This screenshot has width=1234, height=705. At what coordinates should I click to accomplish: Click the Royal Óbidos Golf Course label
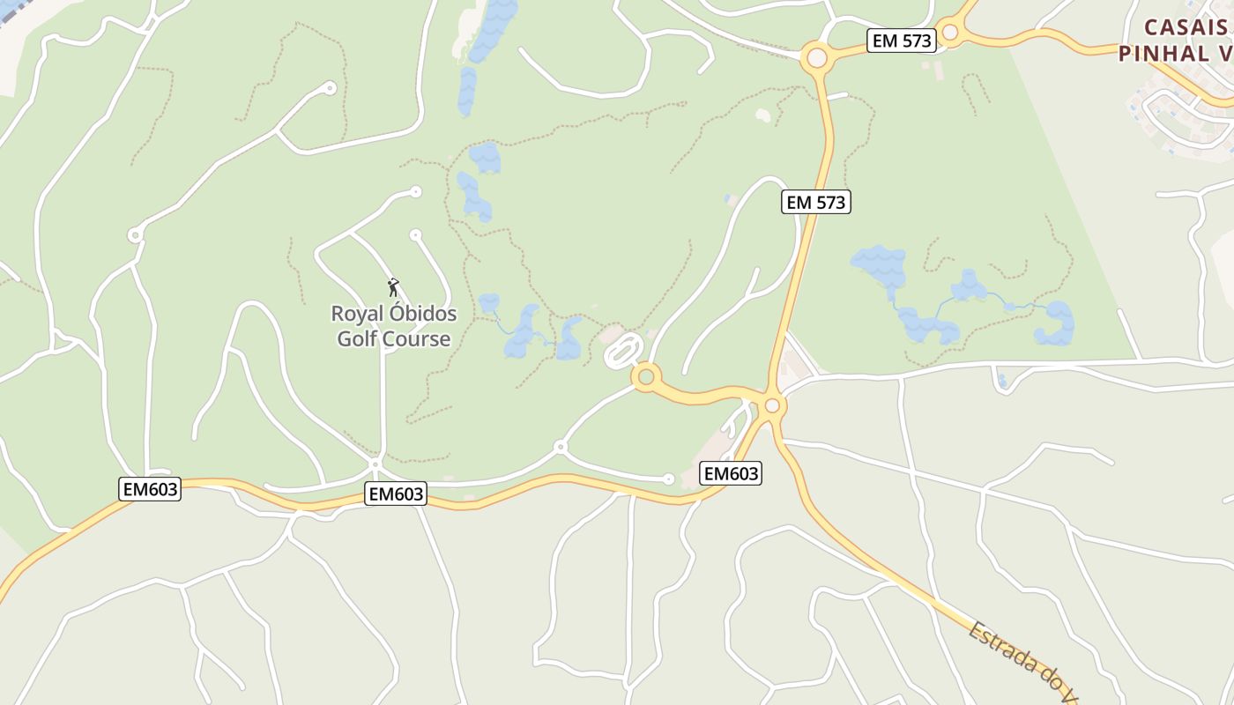coord(394,326)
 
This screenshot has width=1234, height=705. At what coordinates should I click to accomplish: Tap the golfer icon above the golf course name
coord(393,287)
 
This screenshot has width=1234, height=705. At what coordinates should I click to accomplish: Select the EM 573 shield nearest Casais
coord(901,41)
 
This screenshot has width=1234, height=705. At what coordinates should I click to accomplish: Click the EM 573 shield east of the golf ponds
coord(815,202)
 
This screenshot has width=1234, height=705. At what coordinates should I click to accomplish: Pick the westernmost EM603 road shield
coord(149,489)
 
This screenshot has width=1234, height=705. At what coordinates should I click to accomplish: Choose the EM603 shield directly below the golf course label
coord(396,493)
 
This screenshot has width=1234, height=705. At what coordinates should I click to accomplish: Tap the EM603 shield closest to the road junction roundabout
coord(731,473)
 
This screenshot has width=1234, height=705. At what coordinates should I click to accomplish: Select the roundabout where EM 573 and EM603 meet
coord(773,405)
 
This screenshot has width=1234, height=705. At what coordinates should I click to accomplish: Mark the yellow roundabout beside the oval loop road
coord(646,377)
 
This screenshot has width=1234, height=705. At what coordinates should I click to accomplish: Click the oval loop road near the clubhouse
coord(622,352)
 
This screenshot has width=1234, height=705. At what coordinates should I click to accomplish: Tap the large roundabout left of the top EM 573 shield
coord(817,58)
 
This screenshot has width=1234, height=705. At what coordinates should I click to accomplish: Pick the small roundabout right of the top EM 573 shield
coord(949,33)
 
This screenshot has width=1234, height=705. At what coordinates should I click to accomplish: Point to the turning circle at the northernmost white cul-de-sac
coord(331,87)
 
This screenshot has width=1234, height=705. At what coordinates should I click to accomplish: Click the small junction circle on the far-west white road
coord(135,234)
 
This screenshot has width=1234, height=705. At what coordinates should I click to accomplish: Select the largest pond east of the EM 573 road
coord(878,263)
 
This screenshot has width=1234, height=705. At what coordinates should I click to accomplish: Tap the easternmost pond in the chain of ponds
coord(1055,324)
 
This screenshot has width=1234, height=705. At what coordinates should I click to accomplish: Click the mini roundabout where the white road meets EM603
coord(375,463)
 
